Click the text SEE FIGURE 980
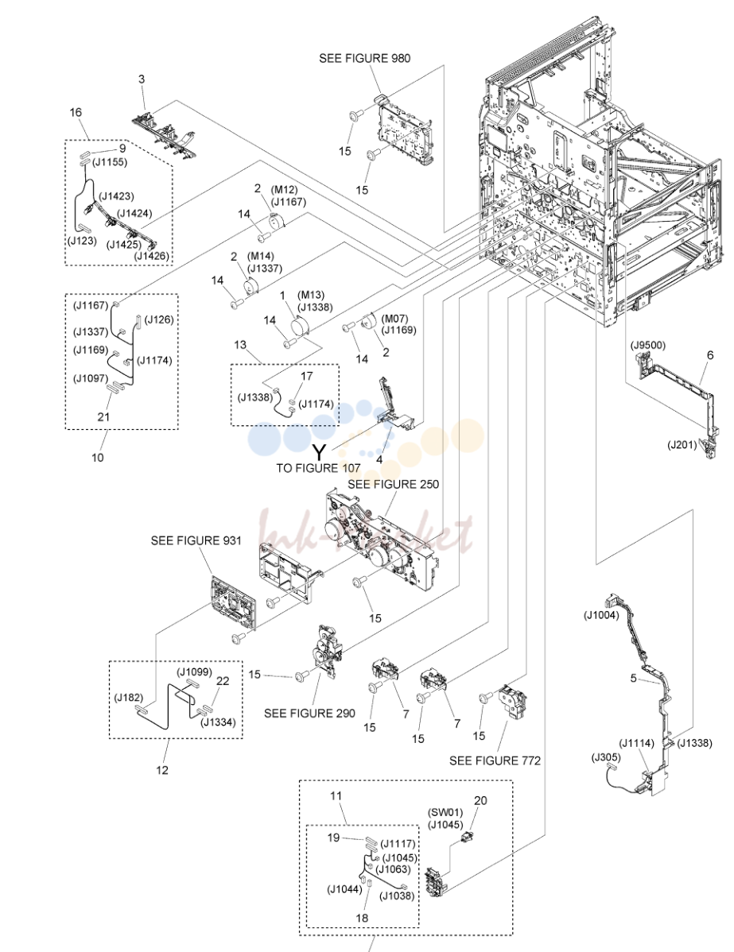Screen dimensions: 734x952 point(364,58)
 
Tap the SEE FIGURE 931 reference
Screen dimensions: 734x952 point(196,540)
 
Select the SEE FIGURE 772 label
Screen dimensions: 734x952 point(495,760)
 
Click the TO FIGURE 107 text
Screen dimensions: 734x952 point(318,468)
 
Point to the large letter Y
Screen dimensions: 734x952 point(319,451)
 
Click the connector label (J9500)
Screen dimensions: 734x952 point(648,346)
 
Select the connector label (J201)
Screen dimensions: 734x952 point(682,445)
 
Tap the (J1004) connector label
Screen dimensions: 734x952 point(601,615)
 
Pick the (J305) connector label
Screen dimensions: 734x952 point(606,757)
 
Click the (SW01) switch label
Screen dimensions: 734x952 point(445,812)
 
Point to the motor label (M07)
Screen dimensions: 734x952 point(395,319)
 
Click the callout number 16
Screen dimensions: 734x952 point(76,112)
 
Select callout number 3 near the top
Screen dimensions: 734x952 point(142,79)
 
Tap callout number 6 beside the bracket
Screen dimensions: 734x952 point(710,355)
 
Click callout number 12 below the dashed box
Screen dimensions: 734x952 point(162,770)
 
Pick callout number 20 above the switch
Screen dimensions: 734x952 point(480,801)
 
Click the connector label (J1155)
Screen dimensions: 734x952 point(110,162)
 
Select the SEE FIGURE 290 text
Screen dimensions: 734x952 point(309,714)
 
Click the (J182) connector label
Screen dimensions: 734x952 point(129,698)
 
